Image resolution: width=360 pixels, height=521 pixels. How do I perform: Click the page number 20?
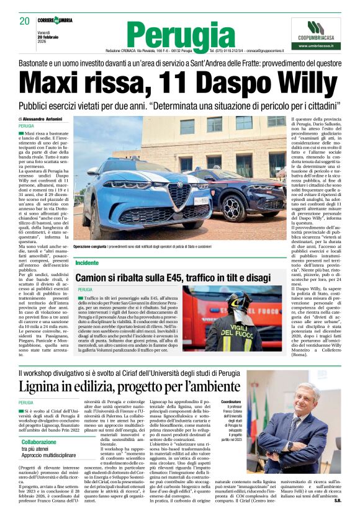[24, 21]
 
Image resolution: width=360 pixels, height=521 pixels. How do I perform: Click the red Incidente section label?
[87, 263]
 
